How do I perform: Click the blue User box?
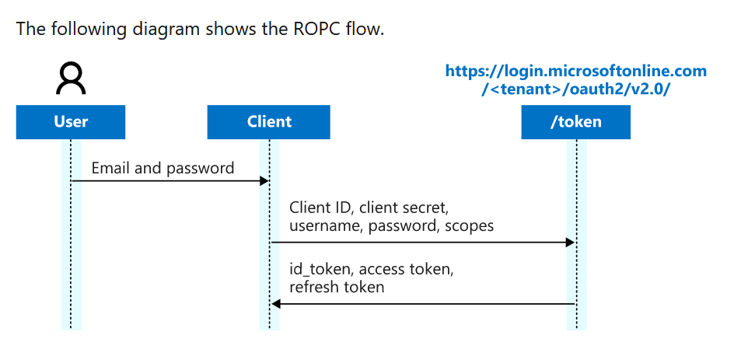coord(71,122)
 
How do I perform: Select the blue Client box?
coord(269,122)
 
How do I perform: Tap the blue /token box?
coord(575,122)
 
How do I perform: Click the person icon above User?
coord(71,79)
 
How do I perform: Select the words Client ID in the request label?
coord(319,208)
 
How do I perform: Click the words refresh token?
coord(337,287)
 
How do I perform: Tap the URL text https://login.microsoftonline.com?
coord(575,72)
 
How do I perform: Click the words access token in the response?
coord(407,270)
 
